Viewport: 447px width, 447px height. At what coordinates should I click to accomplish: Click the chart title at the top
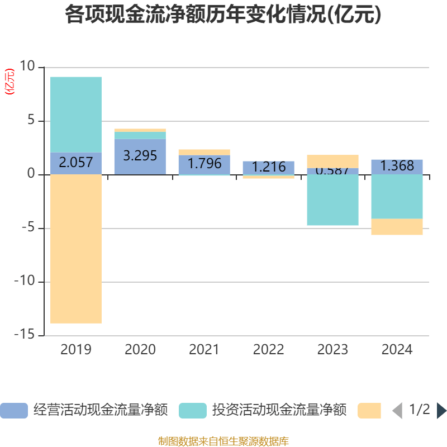tap(223, 15)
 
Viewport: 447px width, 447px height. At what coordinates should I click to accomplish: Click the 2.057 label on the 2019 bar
tap(76, 163)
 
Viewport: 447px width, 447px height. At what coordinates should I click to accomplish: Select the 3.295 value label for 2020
tap(140, 156)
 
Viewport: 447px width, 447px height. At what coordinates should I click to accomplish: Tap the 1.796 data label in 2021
tap(204, 164)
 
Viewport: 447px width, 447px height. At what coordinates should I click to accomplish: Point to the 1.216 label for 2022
tap(268, 167)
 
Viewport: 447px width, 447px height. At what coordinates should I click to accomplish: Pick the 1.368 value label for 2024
tap(397, 166)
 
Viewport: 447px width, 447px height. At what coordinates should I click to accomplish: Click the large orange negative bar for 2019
tap(76, 249)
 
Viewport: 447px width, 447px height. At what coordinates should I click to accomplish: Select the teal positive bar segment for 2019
tap(76, 114)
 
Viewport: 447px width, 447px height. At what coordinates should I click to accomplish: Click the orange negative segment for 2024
tap(397, 227)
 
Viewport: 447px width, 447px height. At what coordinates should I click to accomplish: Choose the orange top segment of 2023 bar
tap(332, 161)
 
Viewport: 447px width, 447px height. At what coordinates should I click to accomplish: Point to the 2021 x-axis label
tap(204, 350)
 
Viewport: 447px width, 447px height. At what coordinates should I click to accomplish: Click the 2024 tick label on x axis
tap(397, 350)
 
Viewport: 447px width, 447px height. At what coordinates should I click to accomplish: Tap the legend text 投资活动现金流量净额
tap(279, 411)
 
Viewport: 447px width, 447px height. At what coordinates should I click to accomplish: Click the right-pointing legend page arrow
tap(441, 411)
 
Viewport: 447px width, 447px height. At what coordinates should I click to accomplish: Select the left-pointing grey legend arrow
tap(397, 411)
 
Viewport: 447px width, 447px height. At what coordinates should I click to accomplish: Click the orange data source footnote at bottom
tap(223, 441)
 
